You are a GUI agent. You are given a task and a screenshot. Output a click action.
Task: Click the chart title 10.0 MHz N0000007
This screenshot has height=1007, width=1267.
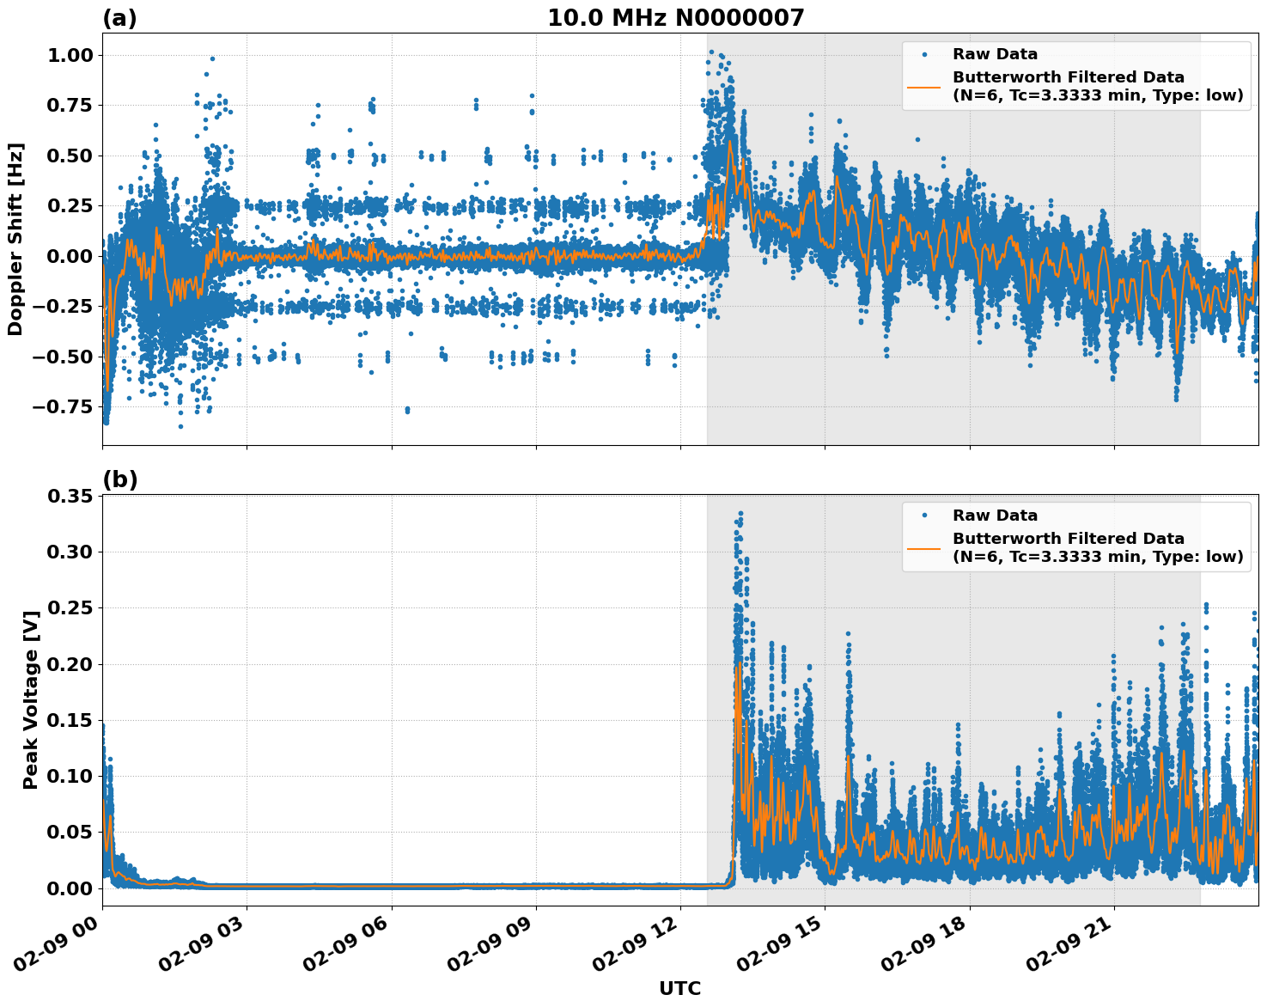pos(675,18)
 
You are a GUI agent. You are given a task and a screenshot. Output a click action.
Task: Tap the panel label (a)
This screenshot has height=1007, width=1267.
pos(119,18)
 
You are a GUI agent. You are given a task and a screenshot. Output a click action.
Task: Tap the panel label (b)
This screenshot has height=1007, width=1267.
pos(119,479)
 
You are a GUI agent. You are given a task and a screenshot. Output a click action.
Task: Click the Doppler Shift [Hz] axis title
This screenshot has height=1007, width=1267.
pos(15,239)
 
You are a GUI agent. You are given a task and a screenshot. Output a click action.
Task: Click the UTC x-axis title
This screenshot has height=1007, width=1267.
pos(679,988)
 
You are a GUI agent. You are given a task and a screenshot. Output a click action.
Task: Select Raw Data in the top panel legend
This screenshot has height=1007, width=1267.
pos(995,54)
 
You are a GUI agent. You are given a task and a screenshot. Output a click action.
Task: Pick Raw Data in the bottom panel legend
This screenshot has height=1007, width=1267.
pos(995,516)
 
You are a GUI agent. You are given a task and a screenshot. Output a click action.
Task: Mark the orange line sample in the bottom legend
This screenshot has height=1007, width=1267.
pos(924,547)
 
